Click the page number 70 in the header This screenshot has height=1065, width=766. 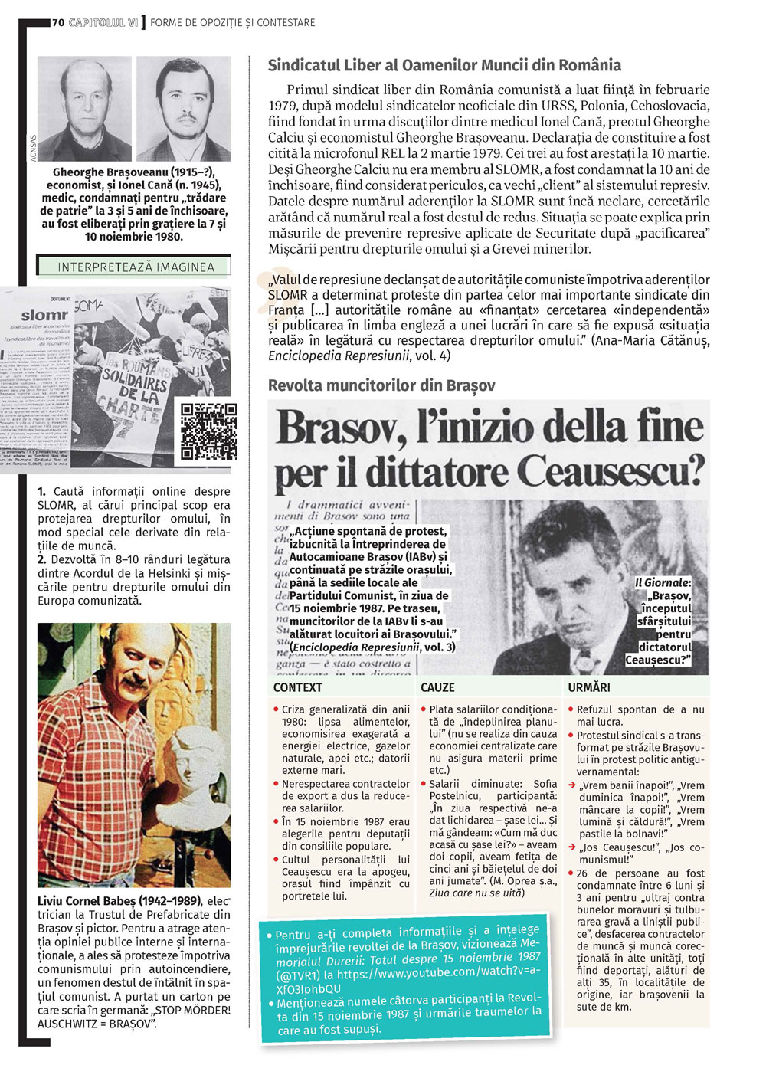58,22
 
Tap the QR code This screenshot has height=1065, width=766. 208,431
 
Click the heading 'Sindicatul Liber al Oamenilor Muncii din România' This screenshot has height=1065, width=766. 444,66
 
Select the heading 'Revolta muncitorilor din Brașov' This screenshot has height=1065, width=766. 381,385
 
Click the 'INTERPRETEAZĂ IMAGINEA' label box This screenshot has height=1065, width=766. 133,267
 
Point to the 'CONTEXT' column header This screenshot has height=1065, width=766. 298,688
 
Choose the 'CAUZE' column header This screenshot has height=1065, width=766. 437,688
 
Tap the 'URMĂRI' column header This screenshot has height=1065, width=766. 588,688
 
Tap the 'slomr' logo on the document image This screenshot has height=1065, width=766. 45,315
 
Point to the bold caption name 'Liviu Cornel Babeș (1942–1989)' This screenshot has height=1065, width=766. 119,901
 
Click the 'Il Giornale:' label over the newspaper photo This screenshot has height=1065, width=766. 663,583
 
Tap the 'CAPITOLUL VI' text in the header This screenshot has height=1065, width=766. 103,22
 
